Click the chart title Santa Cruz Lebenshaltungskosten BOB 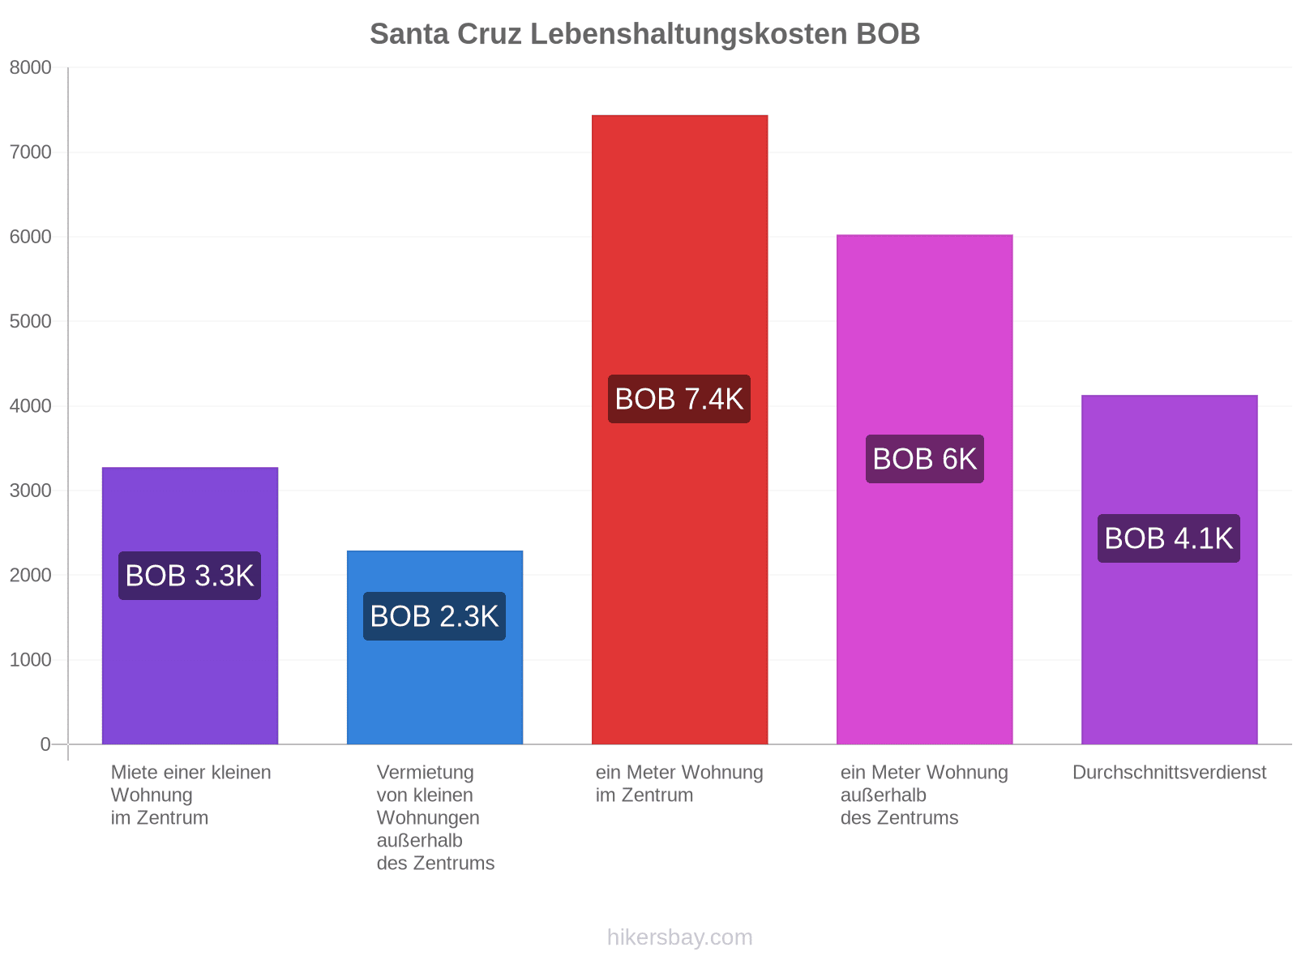click(x=644, y=34)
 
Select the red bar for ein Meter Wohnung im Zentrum click(x=679, y=430)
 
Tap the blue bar click(x=434, y=648)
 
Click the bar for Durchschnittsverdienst click(x=1170, y=569)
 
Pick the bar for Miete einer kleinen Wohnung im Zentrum click(x=190, y=606)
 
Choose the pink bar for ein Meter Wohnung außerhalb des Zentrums click(x=925, y=489)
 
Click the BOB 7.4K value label click(x=679, y=399)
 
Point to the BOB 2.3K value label click(x=434, y=616)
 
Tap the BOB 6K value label click(x=925, y=459)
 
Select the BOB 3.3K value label click(x=190, y=576)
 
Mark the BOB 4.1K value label click(x=1169, y=538)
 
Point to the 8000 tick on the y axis click(x=30, y=67)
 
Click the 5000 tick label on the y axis click(x=30, y=321)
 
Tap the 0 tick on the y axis click(x=45, y=744)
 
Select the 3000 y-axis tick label click(x=30, y=491)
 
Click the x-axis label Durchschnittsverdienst click(x=1170, y=772)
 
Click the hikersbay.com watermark click(x=679, y=937)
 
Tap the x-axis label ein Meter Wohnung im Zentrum click(x=679, y=783)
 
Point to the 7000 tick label click(x=30, y=152)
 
